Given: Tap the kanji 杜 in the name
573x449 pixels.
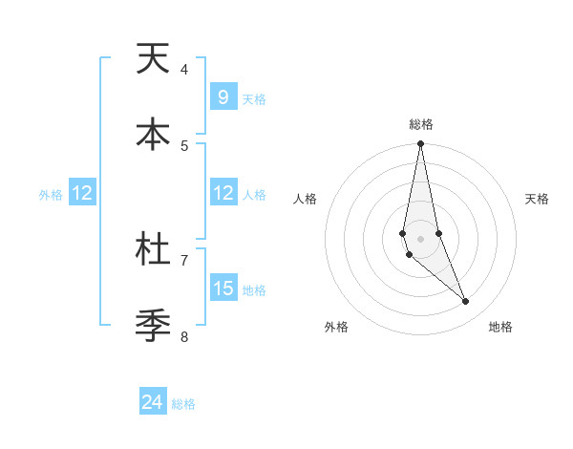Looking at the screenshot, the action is click(153, 249).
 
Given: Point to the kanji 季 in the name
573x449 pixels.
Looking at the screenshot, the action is click(153, 326).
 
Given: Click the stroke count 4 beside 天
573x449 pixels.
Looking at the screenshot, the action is click(184, 69).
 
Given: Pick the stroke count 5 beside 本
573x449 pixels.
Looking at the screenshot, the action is click(184, 145).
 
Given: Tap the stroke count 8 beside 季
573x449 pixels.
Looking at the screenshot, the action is click(184, 336).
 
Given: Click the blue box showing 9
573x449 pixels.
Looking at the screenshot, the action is click(223, 97).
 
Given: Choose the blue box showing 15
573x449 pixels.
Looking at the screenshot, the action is click(223, 289).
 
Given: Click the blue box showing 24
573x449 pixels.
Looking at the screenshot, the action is click(153, 402).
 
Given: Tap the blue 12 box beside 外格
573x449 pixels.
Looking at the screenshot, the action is click(82, 193).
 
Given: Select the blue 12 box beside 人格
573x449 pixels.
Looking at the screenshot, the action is click(223, 193).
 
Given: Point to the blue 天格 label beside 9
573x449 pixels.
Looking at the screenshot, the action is click(254, 99).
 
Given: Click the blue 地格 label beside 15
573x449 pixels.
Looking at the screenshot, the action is click(254, 290).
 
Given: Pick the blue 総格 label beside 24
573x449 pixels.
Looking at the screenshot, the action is click(183, 404).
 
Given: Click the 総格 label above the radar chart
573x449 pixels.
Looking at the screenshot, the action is click(421, 124).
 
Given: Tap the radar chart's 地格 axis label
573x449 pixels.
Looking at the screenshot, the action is click(500, 327).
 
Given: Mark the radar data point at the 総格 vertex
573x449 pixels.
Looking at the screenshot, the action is click(420, 144).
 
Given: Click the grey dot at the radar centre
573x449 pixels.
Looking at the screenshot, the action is click(420, 238).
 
